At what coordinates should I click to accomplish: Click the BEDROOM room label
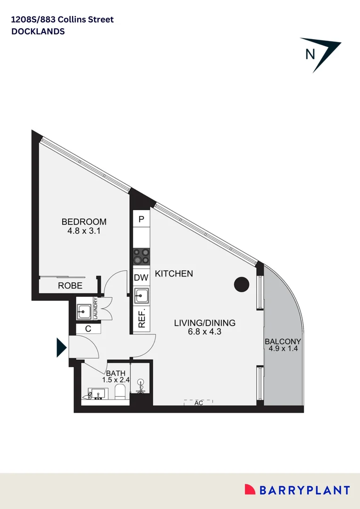pyautogui.click(x=84, y=222)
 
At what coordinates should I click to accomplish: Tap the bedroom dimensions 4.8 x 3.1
pyautogui.click(x=84, y=231)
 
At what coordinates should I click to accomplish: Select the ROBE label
pyautogui.click(x=70, y=286)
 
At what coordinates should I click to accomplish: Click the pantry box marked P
pyautogui.click(x=141, y=219)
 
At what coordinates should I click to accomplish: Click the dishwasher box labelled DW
pyautogui.click(x=141, y=278)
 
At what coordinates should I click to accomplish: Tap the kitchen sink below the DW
pyautogui.click(x=141, y=296)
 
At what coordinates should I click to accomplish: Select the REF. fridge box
pyautogui.click(x=141, y=320)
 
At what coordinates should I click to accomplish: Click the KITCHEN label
pyautogui.click(x=174, y=274)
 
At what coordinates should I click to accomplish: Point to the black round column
pyautogui.click(x=242, y=284)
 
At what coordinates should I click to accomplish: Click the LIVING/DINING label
pyautogui.click(x=205, y=323)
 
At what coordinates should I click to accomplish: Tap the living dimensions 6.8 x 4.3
pyautogui.click(x=205, y=332)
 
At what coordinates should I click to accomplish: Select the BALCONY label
pyautogui.click(x=283, y=342)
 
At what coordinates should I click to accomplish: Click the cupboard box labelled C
pyautogui.click(x=88, y=329)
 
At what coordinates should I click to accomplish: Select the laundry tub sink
pyautogui.click(x=85, y=311)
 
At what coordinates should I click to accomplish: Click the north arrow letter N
pyautogui.click(x=310, y=54)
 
